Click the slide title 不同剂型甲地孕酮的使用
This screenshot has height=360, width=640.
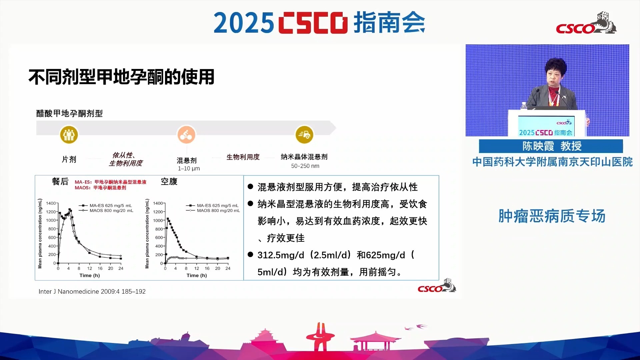point(121,77)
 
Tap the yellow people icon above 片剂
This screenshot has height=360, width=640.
point(69,135)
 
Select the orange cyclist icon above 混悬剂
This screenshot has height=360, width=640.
point(186,135)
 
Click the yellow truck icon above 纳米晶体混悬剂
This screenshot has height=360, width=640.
point(304,135)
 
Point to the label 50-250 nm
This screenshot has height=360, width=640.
point(305,166)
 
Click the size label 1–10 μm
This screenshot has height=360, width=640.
point(189,168)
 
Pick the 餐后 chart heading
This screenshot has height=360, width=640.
point(60,181)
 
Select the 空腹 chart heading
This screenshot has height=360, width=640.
point(169,181)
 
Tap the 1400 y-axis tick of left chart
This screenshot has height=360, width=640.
point(51,203)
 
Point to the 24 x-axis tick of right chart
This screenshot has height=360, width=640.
point(228,268)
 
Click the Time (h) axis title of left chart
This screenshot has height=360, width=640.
point(90,275)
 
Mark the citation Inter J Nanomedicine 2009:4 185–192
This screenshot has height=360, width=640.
point(92,291)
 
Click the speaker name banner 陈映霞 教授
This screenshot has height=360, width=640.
point(551,146)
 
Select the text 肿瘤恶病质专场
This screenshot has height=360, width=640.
point(552,216)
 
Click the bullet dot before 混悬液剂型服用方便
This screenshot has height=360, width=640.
point(250,186)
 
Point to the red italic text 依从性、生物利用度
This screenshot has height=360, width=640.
point(125,159)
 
